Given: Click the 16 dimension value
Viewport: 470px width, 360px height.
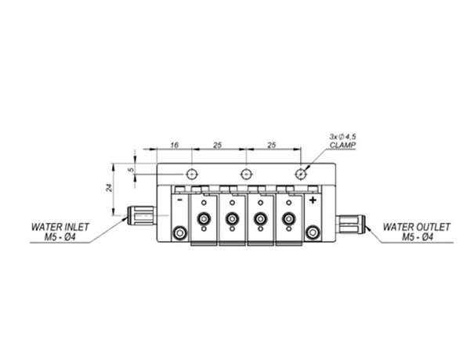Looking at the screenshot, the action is pyautogui.click(x=175, y=146).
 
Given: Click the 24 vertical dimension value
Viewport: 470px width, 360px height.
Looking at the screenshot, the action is pyautogui.click(x=110, y=188).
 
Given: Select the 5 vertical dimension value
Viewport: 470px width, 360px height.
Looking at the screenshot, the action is pyautogui.click(x=131, y=170).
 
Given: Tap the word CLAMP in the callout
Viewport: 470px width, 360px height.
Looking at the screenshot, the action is pyautogui.click(x=342, y=146).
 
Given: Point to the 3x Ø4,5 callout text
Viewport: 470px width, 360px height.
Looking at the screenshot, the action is pyautogui.click(x=342, y=137).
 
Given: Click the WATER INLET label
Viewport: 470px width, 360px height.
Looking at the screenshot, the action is pyautogui.click(x=60, y=227).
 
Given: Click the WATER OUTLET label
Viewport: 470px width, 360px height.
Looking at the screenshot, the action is pyautogui.click(x=417, y=227).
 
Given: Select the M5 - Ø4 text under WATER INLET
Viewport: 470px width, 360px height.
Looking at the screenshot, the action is pyautogui.click(x=60, y=237).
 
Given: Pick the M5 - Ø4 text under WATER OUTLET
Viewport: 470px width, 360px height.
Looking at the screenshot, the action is pyautogui.click(x=418, y=237).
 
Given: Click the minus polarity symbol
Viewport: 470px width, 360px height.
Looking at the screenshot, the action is pyautogui.click(x=179, y=200).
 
